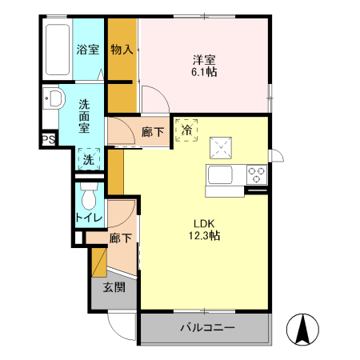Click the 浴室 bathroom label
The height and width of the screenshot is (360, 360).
88,50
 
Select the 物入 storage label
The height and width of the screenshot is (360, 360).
122,50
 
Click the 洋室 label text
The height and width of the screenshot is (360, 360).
204,58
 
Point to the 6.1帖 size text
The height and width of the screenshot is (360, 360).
204,72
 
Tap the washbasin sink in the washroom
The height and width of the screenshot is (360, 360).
54,99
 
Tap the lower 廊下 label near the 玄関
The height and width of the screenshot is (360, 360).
120,238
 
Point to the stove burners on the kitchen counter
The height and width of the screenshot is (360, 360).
257,174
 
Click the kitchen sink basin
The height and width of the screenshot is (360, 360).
220,174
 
